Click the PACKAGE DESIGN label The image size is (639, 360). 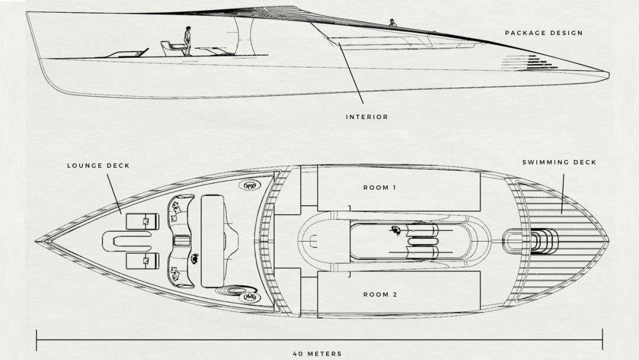[543, 33]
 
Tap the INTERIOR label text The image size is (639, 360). [367, 117]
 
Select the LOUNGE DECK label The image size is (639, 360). [98, 166]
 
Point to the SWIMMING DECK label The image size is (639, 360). [559, 162]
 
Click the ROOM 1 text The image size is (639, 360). [380, 188]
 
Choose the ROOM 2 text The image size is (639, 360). [380, 294]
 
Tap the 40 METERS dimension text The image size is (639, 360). [317, 354]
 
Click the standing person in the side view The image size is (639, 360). [187, 41]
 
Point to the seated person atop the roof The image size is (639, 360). [392, 23]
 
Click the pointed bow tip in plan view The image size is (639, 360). [37, 241]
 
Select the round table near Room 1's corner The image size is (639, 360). [251, 185]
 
